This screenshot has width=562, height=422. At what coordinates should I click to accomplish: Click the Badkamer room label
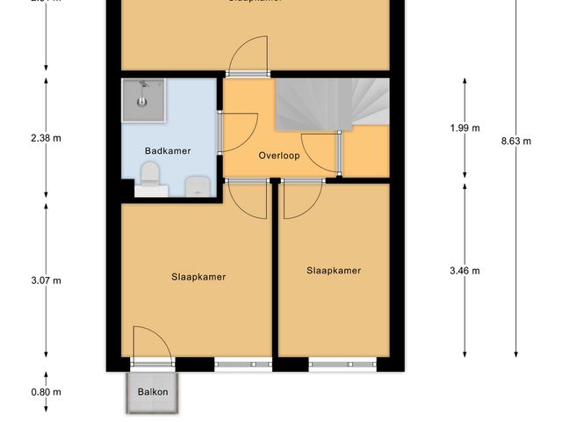click(167, 150)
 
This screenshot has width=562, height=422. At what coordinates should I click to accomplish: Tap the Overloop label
click(280, 156)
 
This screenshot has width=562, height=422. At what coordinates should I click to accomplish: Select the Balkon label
click(152, 392)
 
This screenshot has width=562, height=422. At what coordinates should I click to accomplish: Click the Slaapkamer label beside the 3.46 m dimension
click(334, 271)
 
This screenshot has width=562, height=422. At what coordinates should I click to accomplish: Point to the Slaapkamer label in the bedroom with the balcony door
click(198, 276)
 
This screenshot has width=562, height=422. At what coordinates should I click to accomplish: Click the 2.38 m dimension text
click(45, 138)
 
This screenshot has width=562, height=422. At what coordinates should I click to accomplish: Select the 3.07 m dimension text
click(45, 281)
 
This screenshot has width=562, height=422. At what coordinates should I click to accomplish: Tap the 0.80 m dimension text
click(45, 392)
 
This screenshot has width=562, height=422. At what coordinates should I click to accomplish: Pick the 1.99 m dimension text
click(465, 128)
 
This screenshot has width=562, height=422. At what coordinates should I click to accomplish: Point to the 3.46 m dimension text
click(465, 271)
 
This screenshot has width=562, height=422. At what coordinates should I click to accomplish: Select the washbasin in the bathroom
click(197, 186)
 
